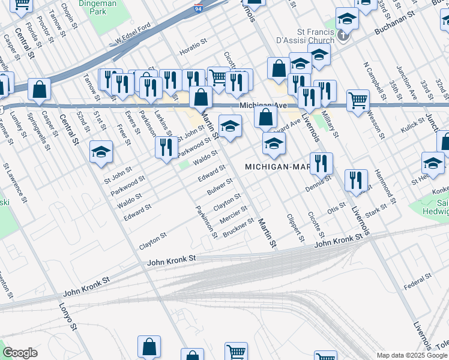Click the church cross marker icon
click(343, 35)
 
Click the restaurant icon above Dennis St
click(321, 163)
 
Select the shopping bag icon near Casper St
click(39, 89)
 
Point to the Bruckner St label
click(238, 227)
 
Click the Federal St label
click(418, 280)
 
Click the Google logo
click(20, 353)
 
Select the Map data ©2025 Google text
click(412, 355)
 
